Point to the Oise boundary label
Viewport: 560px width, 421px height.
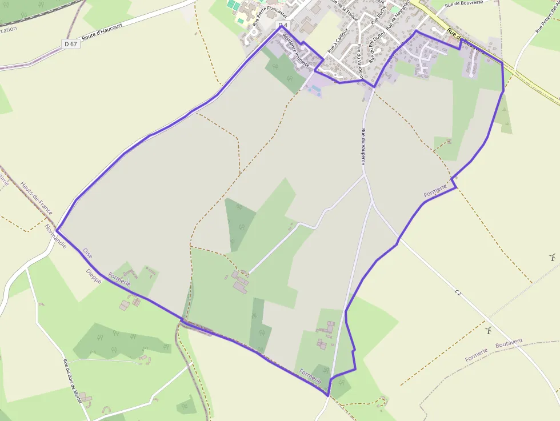(87, 252)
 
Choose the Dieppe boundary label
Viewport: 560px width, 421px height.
(94, 276)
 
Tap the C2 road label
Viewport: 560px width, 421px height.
(458, 292)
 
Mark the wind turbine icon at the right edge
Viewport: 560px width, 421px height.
(552, 256)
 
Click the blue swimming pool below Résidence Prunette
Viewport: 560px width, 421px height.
(313, 89)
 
